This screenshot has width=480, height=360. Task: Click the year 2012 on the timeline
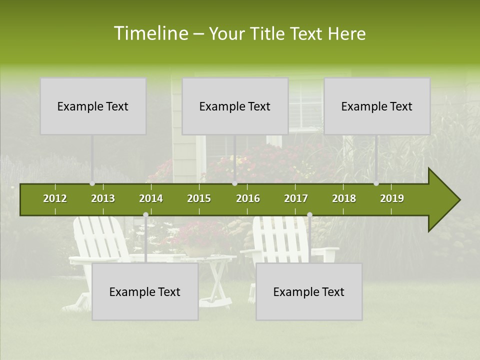[55, 198]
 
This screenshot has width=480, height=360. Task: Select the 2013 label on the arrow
[103, 198]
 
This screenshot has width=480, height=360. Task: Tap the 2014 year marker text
[151, 198]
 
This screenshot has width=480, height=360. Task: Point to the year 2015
[199, 198]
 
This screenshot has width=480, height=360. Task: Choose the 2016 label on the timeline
[248, 198]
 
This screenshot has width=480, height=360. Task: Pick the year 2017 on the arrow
[296, 198]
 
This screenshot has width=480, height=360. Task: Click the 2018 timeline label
[344, 198]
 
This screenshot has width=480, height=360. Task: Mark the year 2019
[392, 198]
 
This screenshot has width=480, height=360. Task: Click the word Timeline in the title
[150, 33]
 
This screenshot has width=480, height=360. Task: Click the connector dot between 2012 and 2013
[92, 183]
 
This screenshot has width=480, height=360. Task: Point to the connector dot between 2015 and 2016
[234, 183]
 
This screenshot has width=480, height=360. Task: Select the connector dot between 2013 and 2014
[145, 215]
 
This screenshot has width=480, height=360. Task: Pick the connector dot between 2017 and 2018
[309, 215]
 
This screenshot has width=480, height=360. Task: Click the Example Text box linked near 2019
[377, 106]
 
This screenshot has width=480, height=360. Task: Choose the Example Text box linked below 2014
[145, 291]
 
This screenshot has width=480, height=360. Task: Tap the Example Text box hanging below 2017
[309, 291]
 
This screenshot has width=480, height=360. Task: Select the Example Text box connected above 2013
[93, 106]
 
